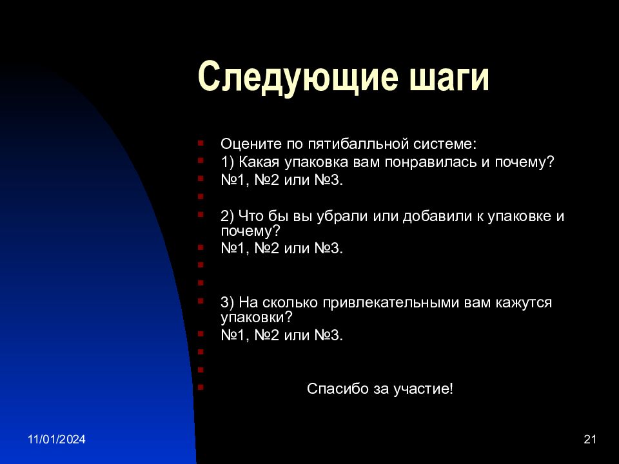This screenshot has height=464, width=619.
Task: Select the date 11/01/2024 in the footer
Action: [57, 439]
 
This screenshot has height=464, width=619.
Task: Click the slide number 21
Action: [590, 439]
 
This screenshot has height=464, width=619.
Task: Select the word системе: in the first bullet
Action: [445, 144]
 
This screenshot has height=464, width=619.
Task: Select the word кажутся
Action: [524, 303]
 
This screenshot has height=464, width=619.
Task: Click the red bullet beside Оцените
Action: [201, 143]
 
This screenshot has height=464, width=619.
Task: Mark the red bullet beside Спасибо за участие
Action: [201, 387]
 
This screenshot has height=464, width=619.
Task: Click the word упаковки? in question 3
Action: [257, 317]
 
